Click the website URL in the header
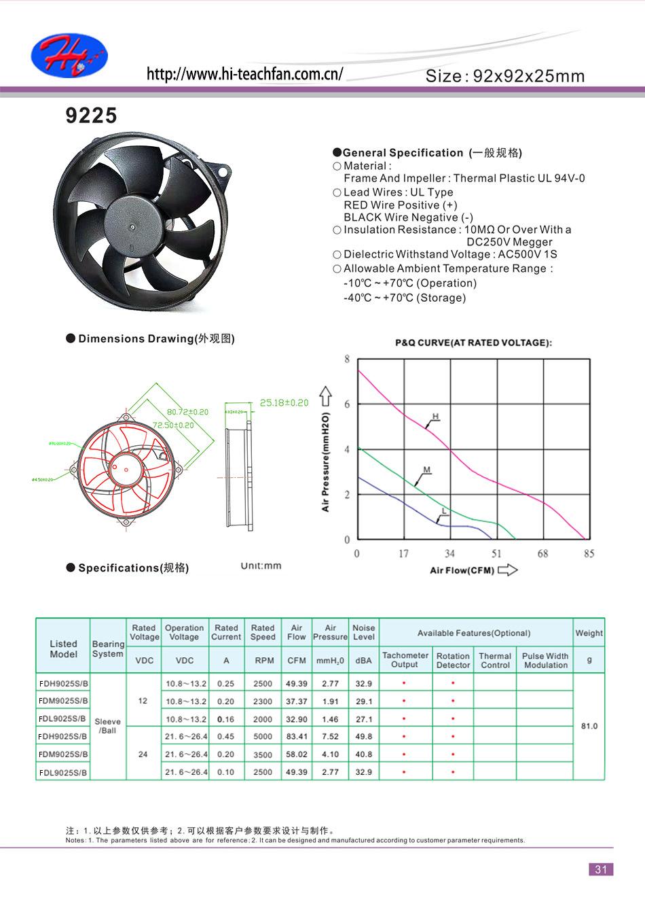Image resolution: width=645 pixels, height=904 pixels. pos(245,74)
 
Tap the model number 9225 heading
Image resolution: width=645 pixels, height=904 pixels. pos(91,116)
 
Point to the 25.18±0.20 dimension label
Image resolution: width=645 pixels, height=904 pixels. pos(284,402)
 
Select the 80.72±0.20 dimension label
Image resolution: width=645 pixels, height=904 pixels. pos(187,412)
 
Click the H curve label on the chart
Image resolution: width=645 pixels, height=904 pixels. pos(435,416)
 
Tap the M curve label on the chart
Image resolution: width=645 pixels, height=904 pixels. pos(427,470)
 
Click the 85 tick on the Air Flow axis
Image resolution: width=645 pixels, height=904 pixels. pos(589,553)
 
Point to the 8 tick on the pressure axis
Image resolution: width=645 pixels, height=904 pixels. pos(347,359)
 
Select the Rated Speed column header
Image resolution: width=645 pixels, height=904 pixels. pos(262,632)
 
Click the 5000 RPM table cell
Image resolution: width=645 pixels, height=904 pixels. pos(263,736)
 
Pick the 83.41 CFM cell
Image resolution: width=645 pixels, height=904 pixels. pos(297,736)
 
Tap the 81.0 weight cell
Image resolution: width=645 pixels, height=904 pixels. pos(589,726)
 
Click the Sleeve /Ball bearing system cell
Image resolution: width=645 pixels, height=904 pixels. pos(108,726)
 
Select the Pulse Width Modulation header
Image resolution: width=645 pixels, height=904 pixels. pos(545,660)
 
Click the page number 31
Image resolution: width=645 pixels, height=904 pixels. pos(600,869)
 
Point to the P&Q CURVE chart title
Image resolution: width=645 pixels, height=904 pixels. pos(473,343)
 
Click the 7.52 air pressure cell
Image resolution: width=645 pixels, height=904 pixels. pos(330,736)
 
